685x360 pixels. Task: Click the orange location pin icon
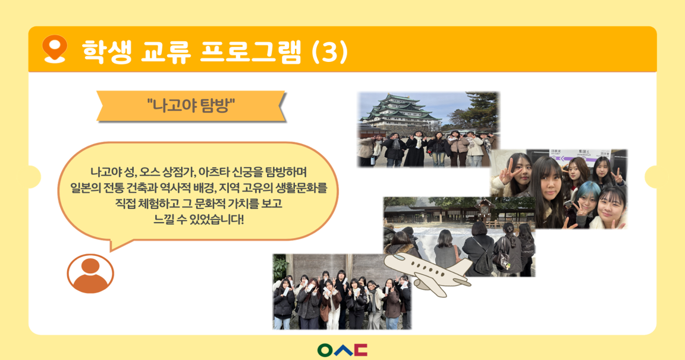pyautogui.click(x=55, y=49)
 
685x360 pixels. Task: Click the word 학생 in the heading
pyautogui.click(x=106, y=52)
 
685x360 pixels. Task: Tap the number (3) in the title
pyautogui.click(x=330, y=52)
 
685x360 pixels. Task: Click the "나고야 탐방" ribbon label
pyautogui.click(x=191, y=106)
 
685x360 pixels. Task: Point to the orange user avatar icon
pyautogui.click(x=90, y=274)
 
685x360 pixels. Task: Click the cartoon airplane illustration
pyautogui.click(x=427, y=271)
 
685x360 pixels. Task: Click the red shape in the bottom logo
pyautogui.click(x=361, y=350)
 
